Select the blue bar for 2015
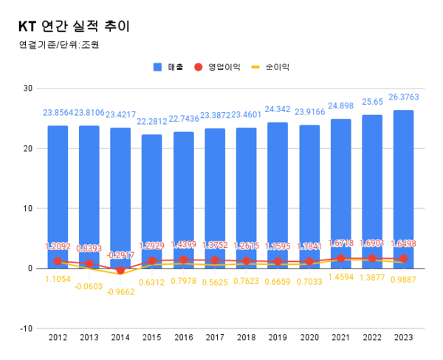[x=151, y=199]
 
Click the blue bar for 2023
[x=403, y=188]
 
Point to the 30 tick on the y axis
[x=28, y=89]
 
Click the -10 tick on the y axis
[x=27, y=328]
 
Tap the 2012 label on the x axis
[x=58, y=337]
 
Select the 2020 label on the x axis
[x=309, y=337]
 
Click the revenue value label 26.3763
[x=403, y=97]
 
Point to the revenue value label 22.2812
[x=151, y=121]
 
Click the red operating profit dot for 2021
[x=340, y=258]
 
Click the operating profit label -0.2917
[x=120, y=255]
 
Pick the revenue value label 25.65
[x=372, y=101]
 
